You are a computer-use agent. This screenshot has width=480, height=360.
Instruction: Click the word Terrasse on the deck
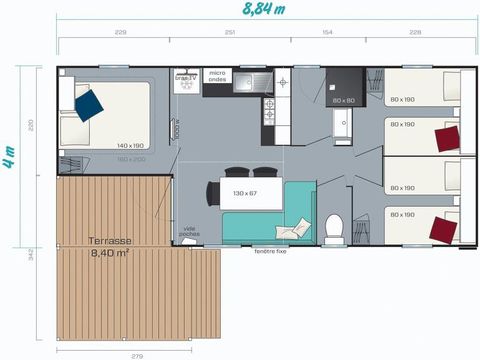pos(109,241)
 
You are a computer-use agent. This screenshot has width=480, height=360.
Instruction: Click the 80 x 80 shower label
pos(344,100)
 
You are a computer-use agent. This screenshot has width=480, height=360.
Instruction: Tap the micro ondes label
pos(217,76)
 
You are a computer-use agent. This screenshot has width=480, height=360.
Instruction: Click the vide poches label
pos(189,231)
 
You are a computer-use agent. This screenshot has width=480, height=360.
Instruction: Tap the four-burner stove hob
pos(269,111)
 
